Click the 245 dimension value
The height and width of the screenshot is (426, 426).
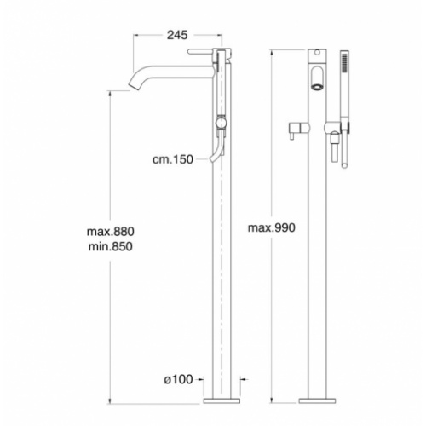176,35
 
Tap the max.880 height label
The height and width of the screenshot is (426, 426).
111,231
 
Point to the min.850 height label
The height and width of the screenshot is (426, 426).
111,245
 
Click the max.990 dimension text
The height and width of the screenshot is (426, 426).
271,227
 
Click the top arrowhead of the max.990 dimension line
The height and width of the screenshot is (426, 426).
272,50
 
